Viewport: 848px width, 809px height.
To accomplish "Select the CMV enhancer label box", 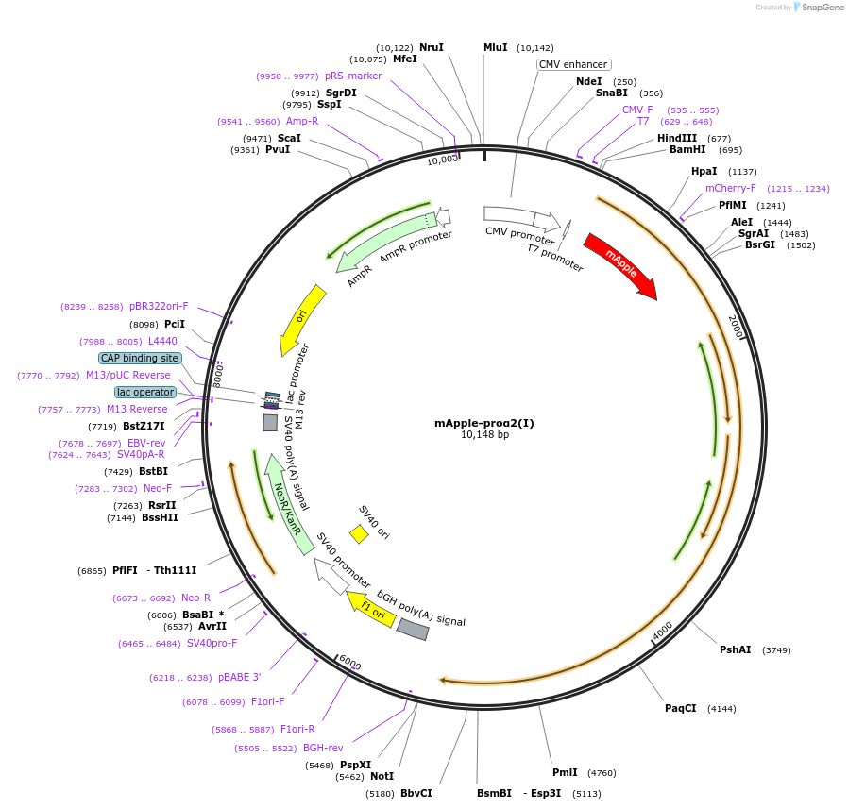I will coord(573,64).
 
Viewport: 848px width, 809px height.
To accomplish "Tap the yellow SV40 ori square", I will coord(359,534).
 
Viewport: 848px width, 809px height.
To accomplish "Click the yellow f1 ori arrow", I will coord(370,610).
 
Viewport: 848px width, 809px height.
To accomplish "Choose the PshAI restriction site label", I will coord(735,649).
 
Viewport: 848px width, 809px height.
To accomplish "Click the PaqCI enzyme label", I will coord(680,708).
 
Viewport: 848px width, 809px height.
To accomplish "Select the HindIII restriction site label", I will coord(676,138).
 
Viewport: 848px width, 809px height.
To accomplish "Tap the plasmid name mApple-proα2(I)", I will coord(483,423).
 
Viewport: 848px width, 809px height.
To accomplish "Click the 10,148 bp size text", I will coord(483,435).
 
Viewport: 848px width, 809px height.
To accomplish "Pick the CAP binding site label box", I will coord(139,358).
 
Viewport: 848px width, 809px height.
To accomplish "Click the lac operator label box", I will coord(145,392).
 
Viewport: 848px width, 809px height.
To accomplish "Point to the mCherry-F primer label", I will coord(730,188).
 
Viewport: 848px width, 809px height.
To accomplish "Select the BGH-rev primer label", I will coord(323,748).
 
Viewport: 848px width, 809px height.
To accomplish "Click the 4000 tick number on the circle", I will coord(662,628).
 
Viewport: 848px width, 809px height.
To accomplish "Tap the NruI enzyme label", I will coord(431,47).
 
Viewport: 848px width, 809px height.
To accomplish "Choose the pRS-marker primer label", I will coord(353,76).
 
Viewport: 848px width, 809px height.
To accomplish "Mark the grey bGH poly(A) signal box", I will coord(412,629).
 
